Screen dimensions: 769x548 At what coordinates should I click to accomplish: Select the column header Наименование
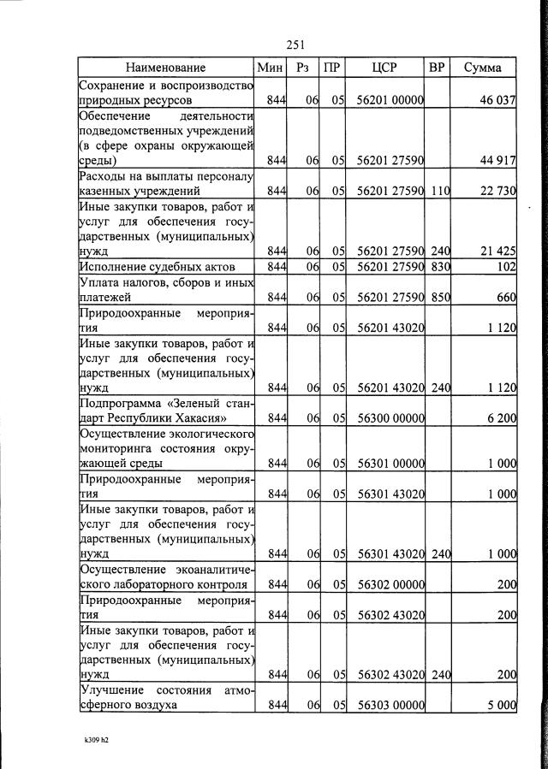pos(165,68)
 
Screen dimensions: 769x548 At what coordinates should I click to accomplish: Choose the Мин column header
pos(269,68)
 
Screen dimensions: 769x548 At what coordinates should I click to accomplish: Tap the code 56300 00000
pos(390,418)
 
